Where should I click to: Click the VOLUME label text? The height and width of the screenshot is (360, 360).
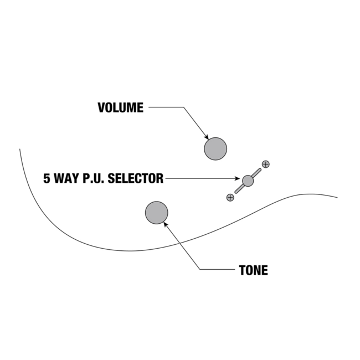[120, 107]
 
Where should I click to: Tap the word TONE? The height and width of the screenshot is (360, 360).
[253, 270]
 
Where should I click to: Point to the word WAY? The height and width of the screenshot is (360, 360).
[68, 179]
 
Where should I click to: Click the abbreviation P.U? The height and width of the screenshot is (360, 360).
[92, 179]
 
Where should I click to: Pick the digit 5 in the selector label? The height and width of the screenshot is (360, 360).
[47, 179]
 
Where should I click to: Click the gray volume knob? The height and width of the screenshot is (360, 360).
[215, 148]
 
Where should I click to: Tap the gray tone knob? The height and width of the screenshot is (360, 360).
[156, 213]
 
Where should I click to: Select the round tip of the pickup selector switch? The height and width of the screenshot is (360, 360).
[248, 180]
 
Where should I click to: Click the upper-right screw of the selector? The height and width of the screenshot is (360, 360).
[265, 164]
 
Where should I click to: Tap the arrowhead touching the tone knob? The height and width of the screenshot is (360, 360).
[166, 224]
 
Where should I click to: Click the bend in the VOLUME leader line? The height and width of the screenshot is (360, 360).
[182, 107]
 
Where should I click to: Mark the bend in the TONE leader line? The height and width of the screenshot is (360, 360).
[200, 270]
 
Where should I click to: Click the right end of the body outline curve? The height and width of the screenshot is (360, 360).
[337, 197]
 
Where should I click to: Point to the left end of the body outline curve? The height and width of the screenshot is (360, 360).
[20, 149]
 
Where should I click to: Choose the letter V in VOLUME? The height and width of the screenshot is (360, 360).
[101, 107]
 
